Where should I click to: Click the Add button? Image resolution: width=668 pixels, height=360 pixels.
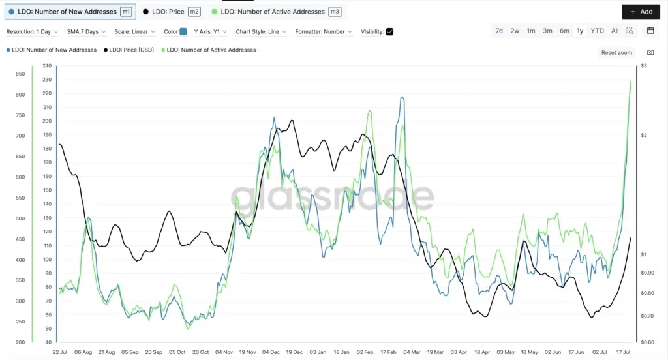pyautogui.click(x=641, y=12)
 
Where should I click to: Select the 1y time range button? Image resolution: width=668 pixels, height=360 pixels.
pyautogui.click(x=580, y=31)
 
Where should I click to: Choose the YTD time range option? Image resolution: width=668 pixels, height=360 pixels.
pyautogui.click(x=597, y=31)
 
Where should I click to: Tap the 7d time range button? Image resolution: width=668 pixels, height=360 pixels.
pyautogui.click(x=499, y=31)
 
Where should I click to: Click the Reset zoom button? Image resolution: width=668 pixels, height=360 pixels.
pyautogui.click(x=616, y=52)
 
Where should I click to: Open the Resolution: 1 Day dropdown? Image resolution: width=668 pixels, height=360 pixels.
pyautogui.click(x=33, y=31)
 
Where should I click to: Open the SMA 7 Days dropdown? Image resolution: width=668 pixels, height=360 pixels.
pyautogui.click(x=86, y=31)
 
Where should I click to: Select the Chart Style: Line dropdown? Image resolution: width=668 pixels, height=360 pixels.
pyautogui.click(x=262, y=31)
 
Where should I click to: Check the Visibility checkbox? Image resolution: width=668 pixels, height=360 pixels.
pyautogui.click(x=389, y=31)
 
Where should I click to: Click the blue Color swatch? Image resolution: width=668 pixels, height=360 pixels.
pyautogui.click(x=183, y=31)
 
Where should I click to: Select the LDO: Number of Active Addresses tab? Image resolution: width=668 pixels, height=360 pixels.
pyautogui.click(x=277, y=12)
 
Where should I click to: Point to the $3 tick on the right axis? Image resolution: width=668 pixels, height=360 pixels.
pyautogui.click(x=643, y=66)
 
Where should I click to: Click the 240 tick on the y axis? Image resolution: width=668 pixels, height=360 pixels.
pyautogui.click(x=46, y=66)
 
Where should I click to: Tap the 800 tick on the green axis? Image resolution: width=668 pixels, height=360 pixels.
pyautogui.click(x=20, y=95)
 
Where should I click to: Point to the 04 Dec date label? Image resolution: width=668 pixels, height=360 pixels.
pyautogui.click(x=271, y=352)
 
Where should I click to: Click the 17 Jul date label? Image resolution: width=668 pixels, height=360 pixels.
pyautogui.click(x=622, y=352)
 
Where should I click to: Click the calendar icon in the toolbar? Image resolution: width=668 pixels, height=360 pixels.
pyautogui.click(x=650, y=31)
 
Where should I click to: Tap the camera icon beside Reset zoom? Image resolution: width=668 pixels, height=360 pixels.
pyautogui.click(x=650, y=52)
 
